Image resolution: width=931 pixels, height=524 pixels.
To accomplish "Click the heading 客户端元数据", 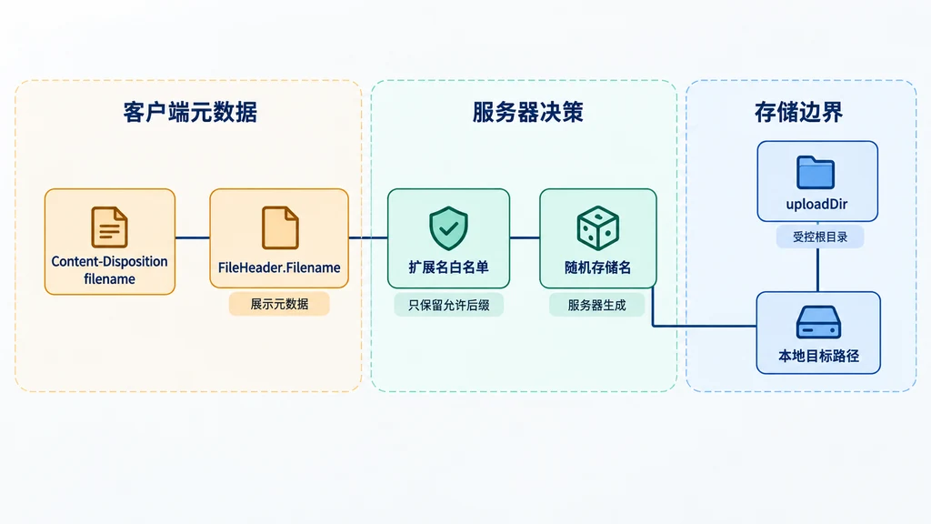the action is (190, 112).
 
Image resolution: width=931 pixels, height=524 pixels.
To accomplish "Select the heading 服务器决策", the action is (528, 112).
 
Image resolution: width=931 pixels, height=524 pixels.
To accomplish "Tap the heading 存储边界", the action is (798, 112).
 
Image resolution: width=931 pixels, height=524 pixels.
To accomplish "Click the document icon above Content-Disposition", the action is (109, 227).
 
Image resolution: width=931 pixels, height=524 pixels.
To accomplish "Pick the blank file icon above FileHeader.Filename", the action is (280, 227).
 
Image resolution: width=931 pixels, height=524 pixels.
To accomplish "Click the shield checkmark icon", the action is (448, 228).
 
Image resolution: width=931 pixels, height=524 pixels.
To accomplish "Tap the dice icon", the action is (598, 228).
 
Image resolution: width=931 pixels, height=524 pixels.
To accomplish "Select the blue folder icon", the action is (816, 172).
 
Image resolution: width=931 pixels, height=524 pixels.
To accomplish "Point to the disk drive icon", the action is (818, 322).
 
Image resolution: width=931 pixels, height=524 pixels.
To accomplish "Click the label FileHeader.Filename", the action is (279, 267).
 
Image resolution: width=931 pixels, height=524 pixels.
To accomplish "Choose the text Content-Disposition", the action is (109, 261).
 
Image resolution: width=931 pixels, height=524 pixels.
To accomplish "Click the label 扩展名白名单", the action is (448, 267).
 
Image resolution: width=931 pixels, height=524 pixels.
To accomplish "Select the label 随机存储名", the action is (598, 267).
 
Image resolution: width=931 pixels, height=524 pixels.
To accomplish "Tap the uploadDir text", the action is (817, 205).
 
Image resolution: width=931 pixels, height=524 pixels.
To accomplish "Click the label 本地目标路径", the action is (818, 356).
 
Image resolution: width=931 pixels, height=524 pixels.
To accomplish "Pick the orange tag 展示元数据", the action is (279, 304).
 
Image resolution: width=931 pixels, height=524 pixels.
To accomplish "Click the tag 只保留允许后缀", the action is (449, 305).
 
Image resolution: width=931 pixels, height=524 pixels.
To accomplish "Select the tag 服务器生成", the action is (596, 305).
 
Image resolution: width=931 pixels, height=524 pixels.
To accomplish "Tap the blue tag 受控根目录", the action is (820, 237).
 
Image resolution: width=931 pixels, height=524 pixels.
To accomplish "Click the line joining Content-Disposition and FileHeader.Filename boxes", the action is (193, 237).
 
